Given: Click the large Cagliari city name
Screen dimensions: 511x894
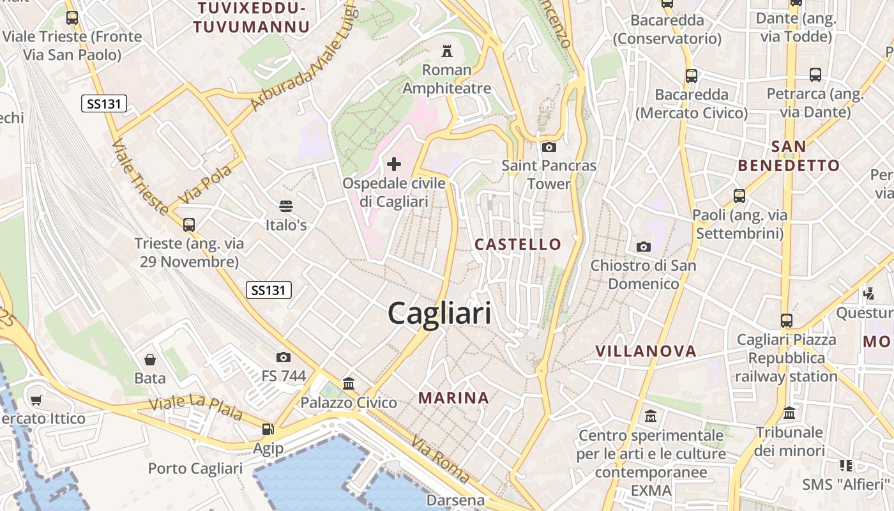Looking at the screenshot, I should coord(440,314).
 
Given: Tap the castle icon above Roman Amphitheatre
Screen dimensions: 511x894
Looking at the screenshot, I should coord(447,50).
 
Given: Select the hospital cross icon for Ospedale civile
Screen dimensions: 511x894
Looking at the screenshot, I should coord(394,164).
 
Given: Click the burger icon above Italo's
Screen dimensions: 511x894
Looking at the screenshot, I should coord(286,206).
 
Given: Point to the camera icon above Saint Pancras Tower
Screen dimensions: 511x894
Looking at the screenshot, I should coord(549,147).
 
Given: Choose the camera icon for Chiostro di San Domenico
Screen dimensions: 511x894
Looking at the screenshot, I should coord(643,247).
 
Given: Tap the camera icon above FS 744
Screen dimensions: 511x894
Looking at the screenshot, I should coord(284,357).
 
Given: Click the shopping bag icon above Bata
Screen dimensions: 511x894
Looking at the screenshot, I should coord(150,360).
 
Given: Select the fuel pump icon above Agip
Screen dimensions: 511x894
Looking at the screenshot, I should coord(268,429).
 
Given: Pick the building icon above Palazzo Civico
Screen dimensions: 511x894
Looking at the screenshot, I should coord(349,384).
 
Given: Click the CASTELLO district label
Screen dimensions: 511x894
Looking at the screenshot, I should coord(518,244).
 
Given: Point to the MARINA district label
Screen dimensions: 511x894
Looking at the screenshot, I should coord(453,398).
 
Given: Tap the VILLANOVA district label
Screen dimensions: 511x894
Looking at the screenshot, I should coord(646,351).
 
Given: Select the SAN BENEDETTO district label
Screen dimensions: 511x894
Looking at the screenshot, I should coord(789,156).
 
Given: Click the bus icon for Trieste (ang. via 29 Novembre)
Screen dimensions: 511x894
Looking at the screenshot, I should coord(189,224).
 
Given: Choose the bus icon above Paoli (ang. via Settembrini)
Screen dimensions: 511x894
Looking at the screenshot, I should coord(739,196).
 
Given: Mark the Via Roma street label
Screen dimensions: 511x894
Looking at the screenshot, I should coord(441,459).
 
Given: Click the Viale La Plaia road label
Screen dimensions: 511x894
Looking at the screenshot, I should coord(195,408).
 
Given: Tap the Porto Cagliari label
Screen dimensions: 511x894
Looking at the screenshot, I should coord(195,468).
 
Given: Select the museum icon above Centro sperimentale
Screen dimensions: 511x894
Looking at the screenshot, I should coord(651,416).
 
